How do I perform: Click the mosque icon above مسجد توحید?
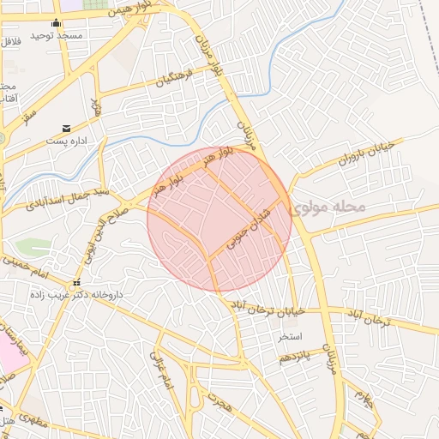(57, 23)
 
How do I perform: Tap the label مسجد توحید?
(57, 36)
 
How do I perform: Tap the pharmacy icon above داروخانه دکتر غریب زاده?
(76, 282)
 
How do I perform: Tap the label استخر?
(275, 334)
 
